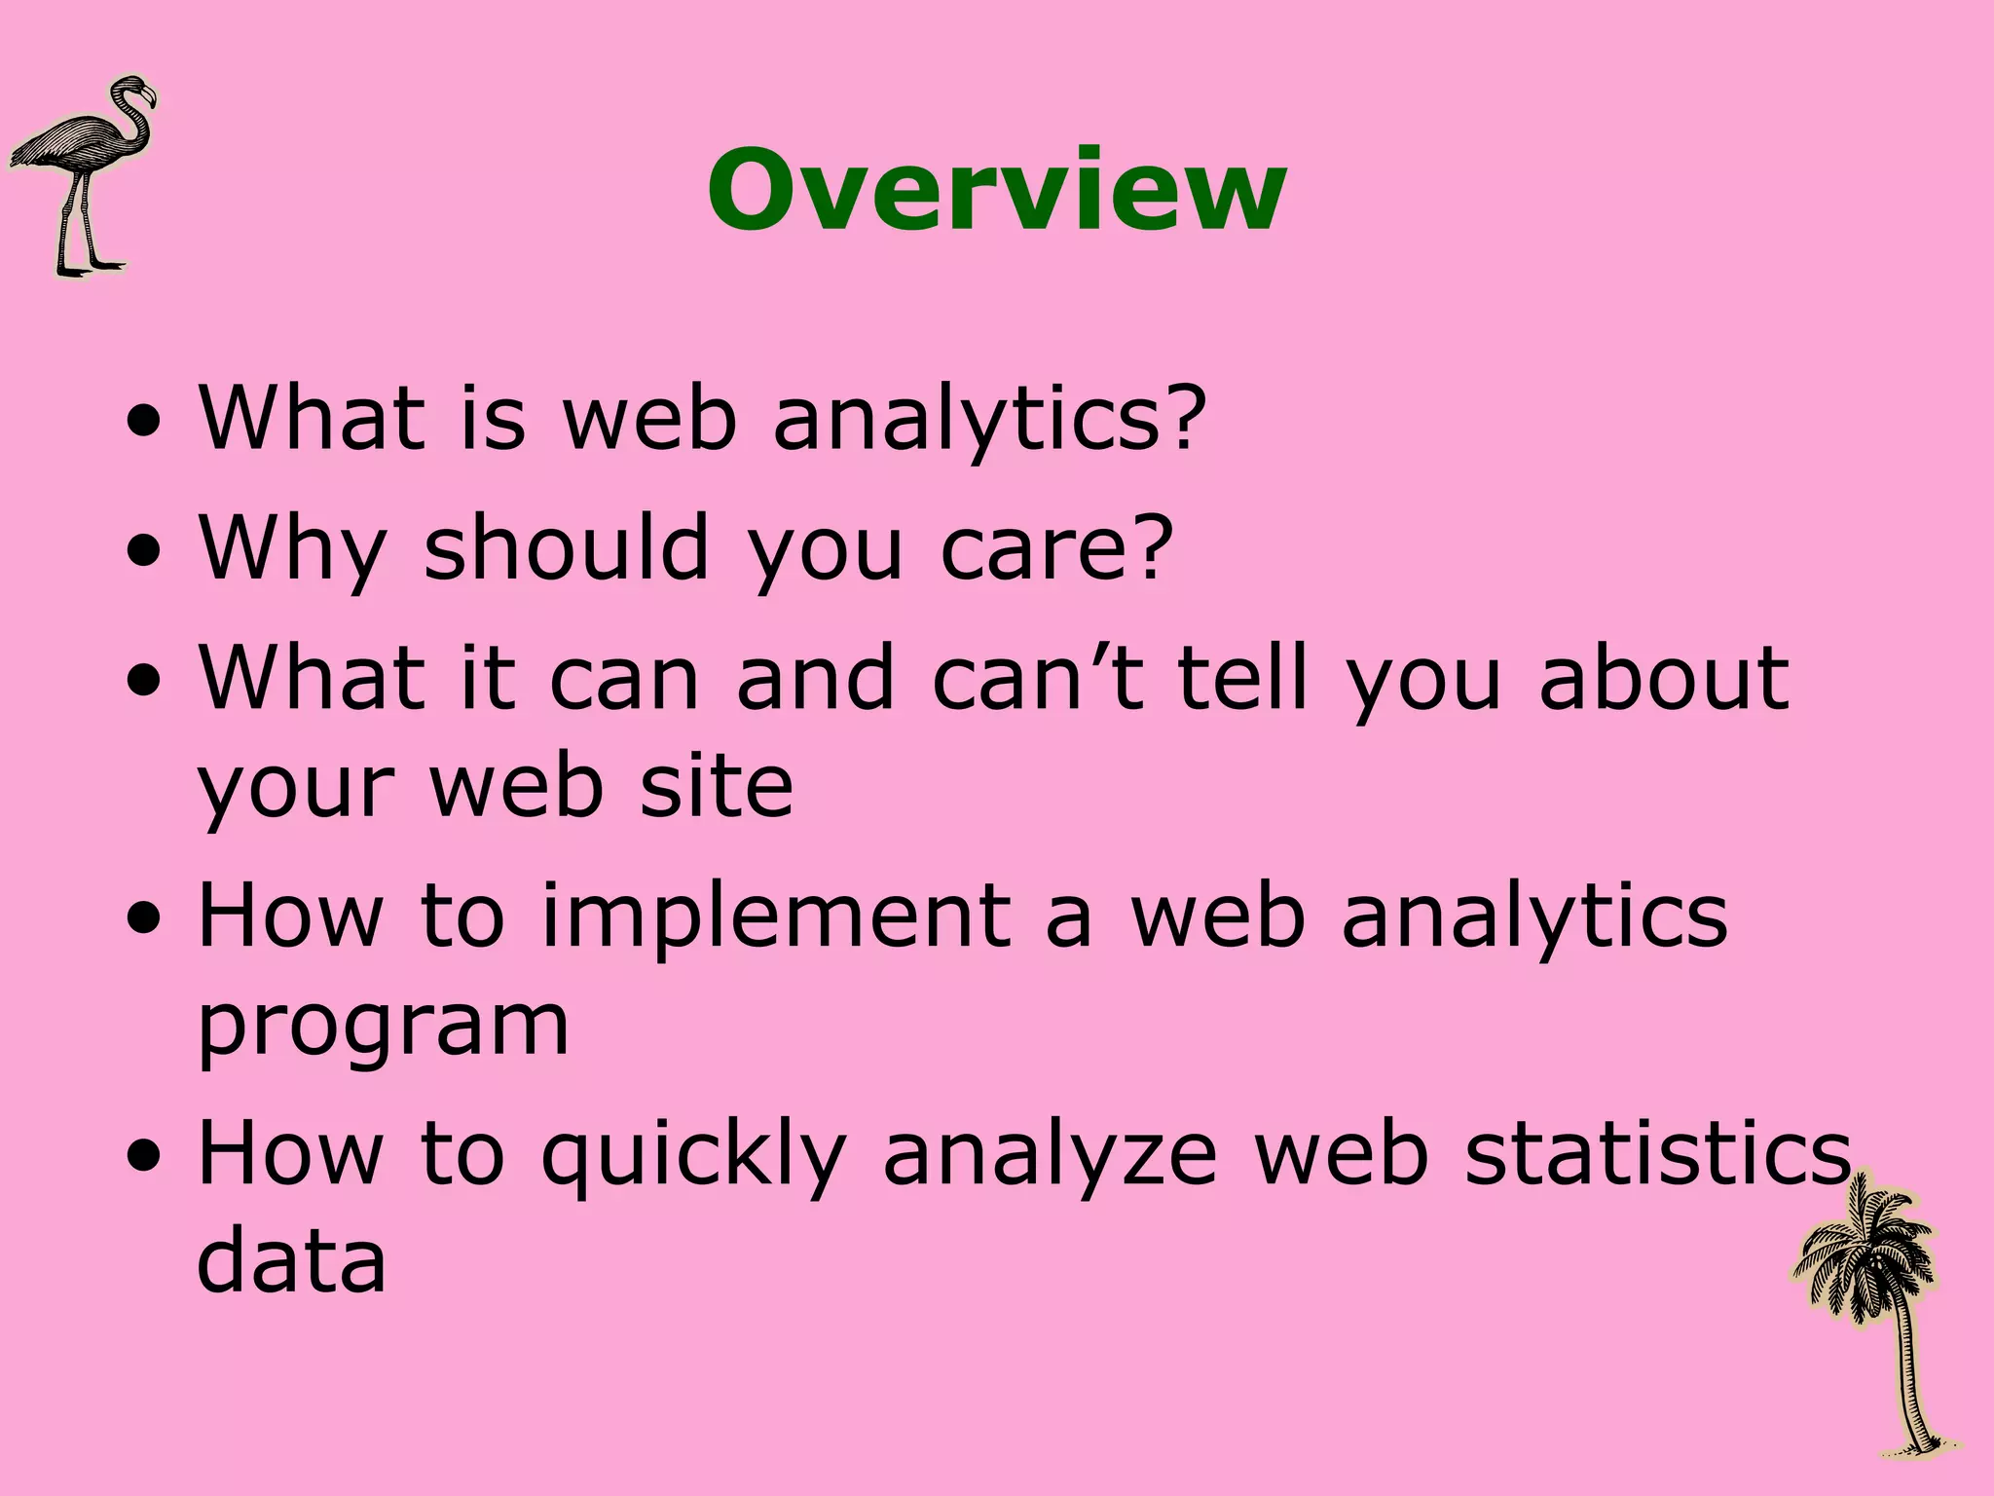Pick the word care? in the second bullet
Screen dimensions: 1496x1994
click(x=1056, y=548)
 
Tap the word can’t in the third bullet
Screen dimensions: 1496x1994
click(x=1038, y=678)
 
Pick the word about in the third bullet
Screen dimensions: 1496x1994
click(x=1664, y=678)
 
